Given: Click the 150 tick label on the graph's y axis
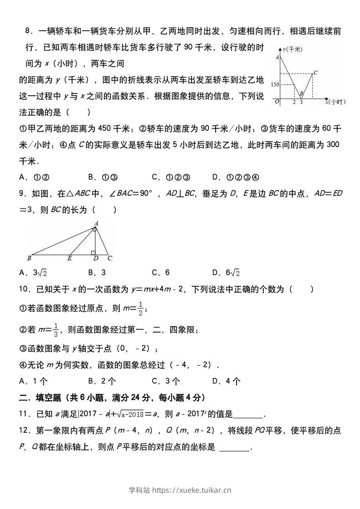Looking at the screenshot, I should (275, 85).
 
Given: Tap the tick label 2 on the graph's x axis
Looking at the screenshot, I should (294, 102).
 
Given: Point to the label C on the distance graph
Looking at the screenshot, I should (316, 72).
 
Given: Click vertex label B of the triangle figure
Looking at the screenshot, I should (29, 259).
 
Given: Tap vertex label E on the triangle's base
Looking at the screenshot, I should (69, 259).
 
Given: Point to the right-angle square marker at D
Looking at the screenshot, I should (93, 252).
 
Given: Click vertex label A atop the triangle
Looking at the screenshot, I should (96, 223).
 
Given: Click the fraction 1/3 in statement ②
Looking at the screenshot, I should (56, 329).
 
